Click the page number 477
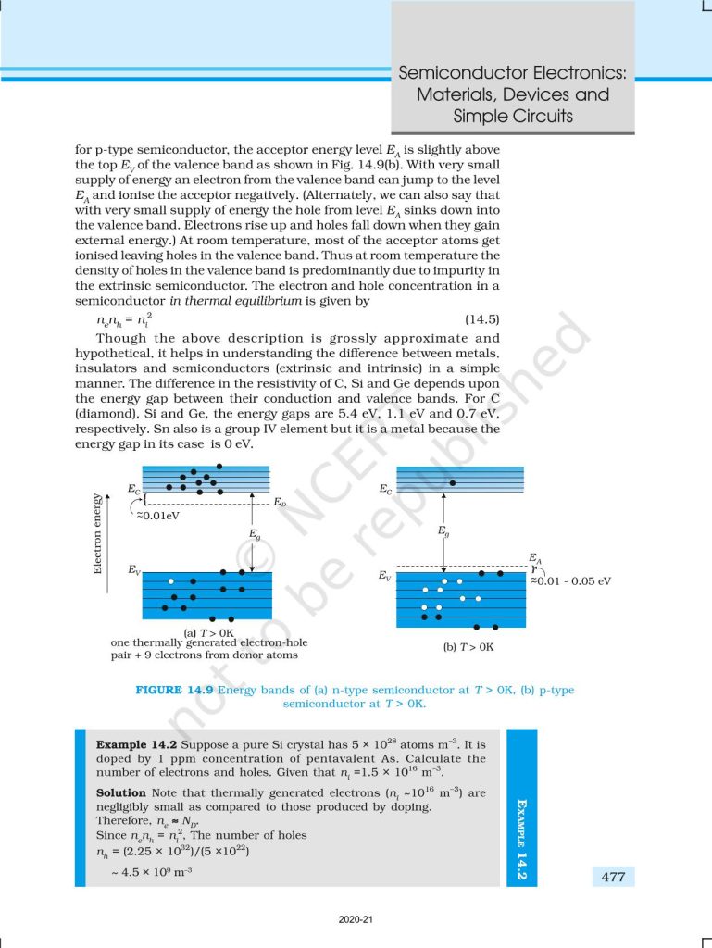point(613,877)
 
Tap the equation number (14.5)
point(481,319)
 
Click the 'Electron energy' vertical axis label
point(97,534)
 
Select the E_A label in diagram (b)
point(535,557)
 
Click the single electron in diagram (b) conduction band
point(452,483)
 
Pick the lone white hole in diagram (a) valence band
point(170,580)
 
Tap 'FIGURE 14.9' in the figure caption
point(175,691)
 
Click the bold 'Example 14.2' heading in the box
point(137,744)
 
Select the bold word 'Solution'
point(121,792)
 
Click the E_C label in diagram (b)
point(385,488)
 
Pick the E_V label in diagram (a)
point(135,571)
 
